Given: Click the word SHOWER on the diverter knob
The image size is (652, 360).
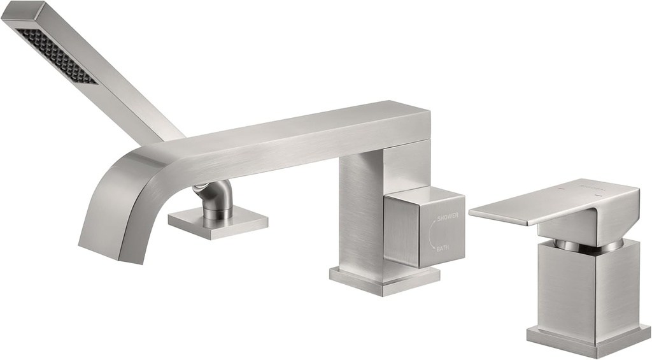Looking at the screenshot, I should tap(448, 217).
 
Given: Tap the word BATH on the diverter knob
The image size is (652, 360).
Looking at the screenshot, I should tap(444, 247).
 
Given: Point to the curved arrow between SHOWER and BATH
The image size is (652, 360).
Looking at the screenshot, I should tap(433, 232).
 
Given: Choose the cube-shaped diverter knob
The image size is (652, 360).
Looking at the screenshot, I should tap(423, 227).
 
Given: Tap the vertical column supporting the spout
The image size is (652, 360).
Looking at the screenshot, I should tap(360, 210).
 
